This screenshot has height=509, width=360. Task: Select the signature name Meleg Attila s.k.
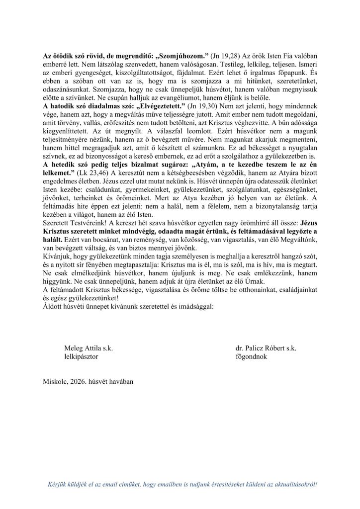click(x=89, y=349)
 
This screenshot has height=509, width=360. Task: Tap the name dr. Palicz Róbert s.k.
click(x=266, y=349)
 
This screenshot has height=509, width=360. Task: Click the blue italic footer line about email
click(x=181, y=483)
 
